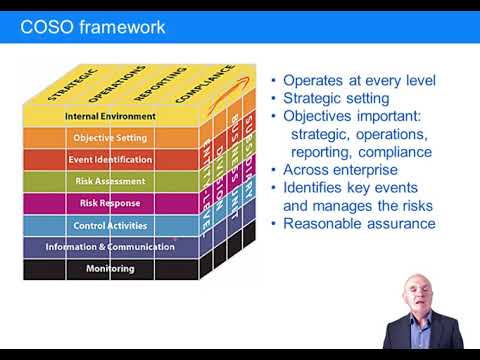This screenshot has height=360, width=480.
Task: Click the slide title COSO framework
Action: (x=93, y=27)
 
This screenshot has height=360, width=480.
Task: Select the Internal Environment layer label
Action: (x=110, y=116)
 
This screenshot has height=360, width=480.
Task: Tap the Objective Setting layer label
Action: (x=110, y=137)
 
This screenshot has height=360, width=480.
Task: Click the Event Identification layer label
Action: (x=110, y=159)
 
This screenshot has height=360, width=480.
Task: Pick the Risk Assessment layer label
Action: (x=110, y=181)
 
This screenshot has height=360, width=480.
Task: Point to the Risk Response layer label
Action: (x=110, y=203)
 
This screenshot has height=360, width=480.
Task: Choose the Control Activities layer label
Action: (x=110, y=225)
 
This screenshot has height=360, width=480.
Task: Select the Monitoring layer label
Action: (x=110, y=269)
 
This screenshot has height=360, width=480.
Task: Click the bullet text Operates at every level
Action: (x=359, y=81)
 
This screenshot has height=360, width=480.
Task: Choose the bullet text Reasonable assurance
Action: (x=359, y=223)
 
